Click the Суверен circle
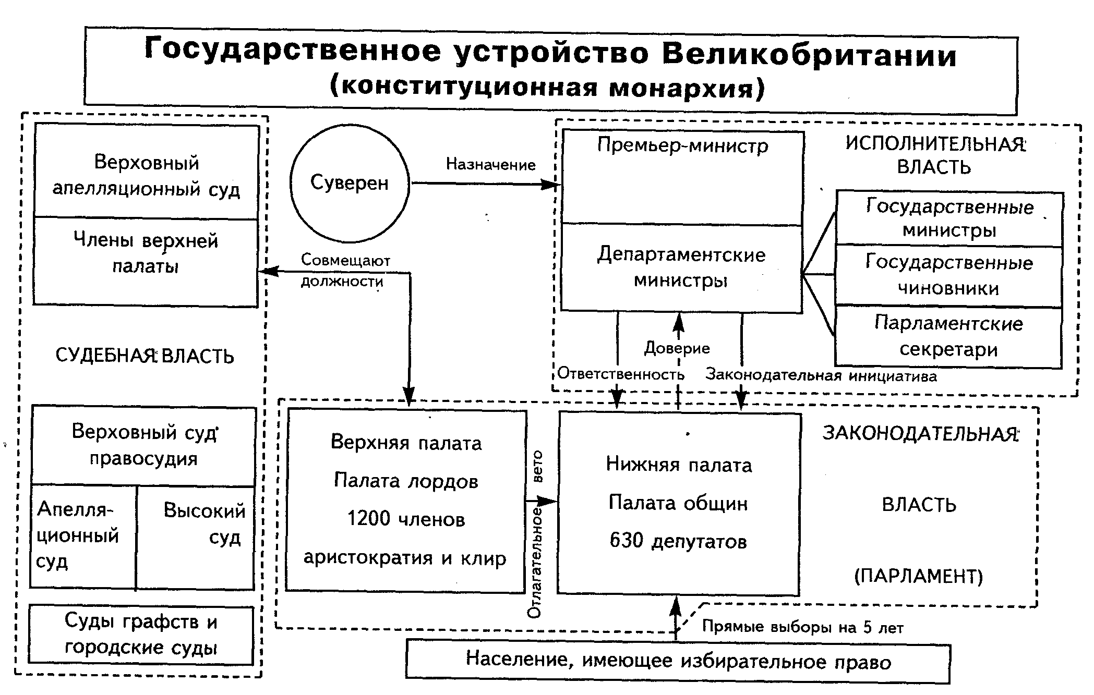click(349, 183)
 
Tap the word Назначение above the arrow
click(490, 165)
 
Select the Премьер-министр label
click(682, 145)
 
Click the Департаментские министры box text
click(681, 267)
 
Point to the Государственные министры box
click(949, 218)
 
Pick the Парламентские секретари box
click(948, 337)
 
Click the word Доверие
click(677, 348)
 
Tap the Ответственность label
click(621, 374)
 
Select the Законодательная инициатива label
click(821, 375)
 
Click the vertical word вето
click(537, 466)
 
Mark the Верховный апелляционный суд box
click(146, 175)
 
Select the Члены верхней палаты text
click(146, 253)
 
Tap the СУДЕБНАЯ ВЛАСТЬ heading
click(145, 356)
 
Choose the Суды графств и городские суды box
click(141, 635)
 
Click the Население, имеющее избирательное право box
click(678, 662)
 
